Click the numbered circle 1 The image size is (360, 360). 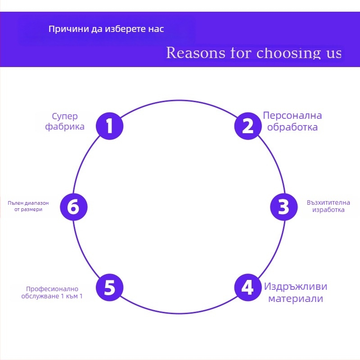[110, 126]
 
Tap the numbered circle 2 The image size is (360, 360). [248, 126]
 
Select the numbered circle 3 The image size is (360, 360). [283, 207]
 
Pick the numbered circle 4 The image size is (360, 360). [248, 288]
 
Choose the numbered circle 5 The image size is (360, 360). [110, 288]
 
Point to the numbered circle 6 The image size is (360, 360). [73, 207]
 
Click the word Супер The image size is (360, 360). [65, 117]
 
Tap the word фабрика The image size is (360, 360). [65, 126]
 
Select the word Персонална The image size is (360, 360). [292, 116]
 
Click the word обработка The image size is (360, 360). [292, 127]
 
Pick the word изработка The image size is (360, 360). [328, 210]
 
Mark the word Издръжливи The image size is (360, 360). [296, 287]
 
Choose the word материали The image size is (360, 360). [296, 298]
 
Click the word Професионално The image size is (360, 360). [52, 289]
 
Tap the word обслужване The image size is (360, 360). [40, 296]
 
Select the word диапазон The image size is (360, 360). [36, 203]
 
